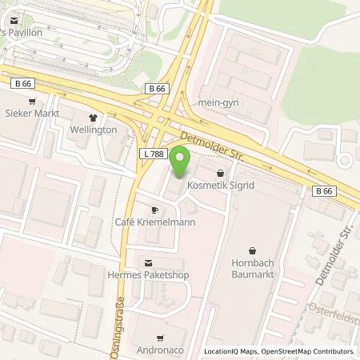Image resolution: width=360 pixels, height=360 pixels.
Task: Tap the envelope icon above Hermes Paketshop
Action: coord(147,262)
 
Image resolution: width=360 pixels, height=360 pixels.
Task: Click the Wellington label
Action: coord(97,129)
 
